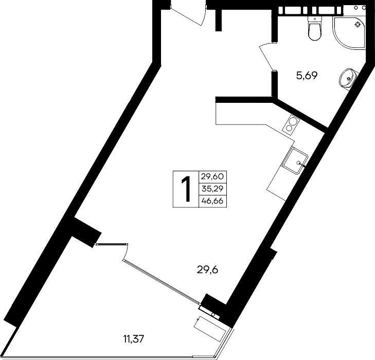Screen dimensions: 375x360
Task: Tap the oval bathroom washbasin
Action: [348, 78]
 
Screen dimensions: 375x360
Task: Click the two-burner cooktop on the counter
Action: [291, 123]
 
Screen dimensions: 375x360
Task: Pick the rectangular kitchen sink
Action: [295, 160]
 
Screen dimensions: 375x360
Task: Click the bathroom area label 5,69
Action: [307, 76]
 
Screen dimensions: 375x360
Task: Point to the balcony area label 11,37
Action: [134, 339]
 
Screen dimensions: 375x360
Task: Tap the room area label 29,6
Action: [208, 270]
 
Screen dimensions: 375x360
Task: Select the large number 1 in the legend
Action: [186, 189]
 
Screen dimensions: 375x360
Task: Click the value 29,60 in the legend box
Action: [212, 176]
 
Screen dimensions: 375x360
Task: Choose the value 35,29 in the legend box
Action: [212, 189]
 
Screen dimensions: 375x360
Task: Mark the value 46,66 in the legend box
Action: [212, 201]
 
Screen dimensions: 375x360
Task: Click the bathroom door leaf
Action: [266, 58]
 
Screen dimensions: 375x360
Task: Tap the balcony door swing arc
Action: [126, 252]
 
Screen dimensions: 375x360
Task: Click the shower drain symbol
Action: [358, 24]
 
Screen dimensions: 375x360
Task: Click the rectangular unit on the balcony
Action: [210, 329]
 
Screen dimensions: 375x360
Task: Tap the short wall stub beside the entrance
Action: [218, 20]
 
